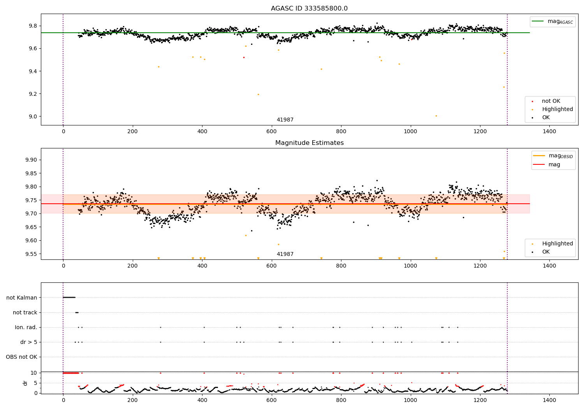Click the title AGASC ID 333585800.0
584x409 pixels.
tap(309, 9)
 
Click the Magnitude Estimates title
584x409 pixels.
tap(309, 143)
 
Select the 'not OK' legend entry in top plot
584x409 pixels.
tap(551, 101)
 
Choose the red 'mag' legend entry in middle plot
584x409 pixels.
tap(554, 164)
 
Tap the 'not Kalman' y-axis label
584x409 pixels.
tap(22, 298)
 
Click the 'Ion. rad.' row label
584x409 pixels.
tap(26, 327)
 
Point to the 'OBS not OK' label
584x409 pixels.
tap(21, 357)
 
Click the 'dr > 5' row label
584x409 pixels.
tap(29, 342)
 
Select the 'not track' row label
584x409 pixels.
tap(25, 312)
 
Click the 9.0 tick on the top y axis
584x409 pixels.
tap(33, 116)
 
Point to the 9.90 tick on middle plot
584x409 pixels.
tap(31, 160)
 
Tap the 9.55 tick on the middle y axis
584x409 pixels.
tap(31, 254)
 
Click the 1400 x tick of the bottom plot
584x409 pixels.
tap(549, 400)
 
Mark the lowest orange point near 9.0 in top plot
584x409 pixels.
tap(436, 116)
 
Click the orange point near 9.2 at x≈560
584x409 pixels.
tap(258, 94)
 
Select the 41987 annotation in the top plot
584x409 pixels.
tap(285, 120)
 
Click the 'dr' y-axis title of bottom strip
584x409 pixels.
tap(25, 383)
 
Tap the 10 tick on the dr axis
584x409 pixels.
tap(34, 373)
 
